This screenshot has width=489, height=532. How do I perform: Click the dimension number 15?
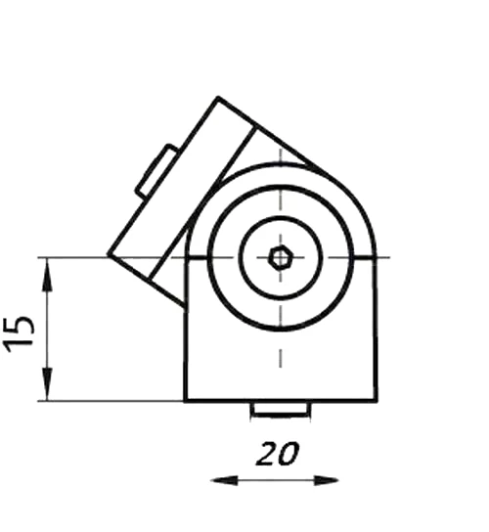point(19,334)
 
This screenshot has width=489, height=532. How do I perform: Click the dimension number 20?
point(278,454)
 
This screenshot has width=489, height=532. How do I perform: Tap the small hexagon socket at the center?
point(280,258)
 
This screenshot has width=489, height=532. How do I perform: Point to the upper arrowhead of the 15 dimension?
point(47,275)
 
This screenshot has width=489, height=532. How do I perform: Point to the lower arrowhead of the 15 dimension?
point(47,384)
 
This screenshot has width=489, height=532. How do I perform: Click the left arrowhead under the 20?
point(225,480)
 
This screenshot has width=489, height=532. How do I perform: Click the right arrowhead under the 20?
point(326,480)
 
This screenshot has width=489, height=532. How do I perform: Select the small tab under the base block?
point(281,410)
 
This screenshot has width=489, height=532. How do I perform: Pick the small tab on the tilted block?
point(156,171)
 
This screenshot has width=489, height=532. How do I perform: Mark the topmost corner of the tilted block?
point(218,98)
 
